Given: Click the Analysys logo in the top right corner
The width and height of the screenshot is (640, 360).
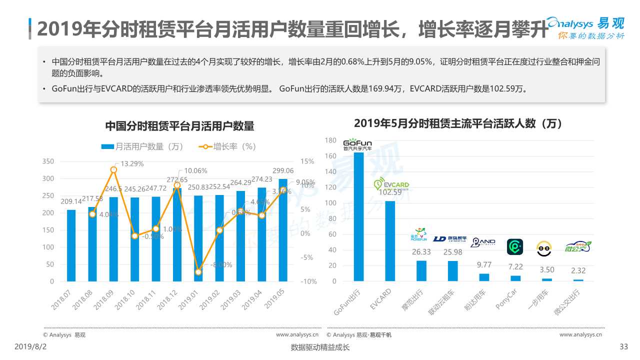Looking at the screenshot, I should [x=585, y=27].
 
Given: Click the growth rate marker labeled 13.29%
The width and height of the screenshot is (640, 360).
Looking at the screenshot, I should [x=113, y=170].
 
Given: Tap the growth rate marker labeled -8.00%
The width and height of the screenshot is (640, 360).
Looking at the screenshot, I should [x=198, y=272].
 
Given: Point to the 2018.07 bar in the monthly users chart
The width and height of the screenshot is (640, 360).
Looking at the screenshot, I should [x=71, y=245].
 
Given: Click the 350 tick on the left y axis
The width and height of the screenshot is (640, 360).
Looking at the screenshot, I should [x=47, y=161].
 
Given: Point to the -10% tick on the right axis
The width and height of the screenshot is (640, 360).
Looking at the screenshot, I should [x=308, y=281].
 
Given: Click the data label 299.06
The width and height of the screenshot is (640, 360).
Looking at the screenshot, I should [x=283, y=170].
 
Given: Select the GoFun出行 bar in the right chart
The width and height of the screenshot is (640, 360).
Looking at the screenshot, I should [x=359, y=216].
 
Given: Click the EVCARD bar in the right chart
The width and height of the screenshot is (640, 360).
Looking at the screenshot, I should [x=390, y=241].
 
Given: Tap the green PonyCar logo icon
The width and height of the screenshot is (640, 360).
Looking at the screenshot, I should [x=515, y=246].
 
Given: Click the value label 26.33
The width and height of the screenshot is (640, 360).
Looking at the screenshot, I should [x=421, y=252].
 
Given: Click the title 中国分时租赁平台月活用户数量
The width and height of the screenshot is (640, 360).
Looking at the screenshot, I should [x=179, y=126].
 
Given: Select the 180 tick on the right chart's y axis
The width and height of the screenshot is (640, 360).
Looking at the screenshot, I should [x=330, y=140].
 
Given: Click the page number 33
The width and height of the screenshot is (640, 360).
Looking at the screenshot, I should [x=623, y=347].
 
